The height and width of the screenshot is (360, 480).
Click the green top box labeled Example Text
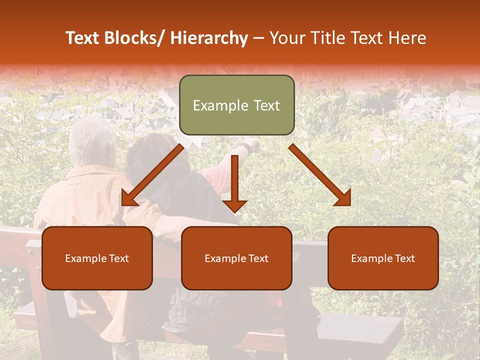236,105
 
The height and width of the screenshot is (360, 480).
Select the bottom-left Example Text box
97,258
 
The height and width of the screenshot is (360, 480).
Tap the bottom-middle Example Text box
236,258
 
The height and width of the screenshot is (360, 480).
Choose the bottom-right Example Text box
383,258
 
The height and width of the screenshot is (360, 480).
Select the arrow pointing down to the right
320,175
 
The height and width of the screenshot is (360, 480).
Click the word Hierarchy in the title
209,38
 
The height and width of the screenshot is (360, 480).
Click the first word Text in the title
83,38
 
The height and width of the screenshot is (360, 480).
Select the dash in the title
258,39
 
